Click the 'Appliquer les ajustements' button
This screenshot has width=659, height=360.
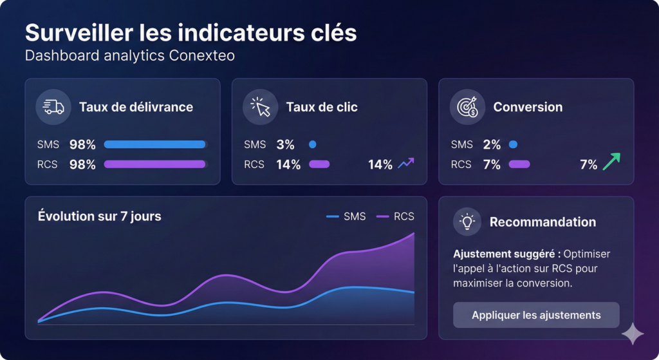pos(536,315)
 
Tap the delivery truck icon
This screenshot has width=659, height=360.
pos(53,107)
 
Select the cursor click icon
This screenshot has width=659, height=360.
pos(260,107)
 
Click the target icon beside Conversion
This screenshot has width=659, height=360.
pos(467,107)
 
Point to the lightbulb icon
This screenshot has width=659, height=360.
pos(467,222)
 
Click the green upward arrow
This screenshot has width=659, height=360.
pos(611,161)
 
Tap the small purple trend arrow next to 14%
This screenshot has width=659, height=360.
pos(406,164)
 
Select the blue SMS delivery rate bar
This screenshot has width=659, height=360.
pos(154,144)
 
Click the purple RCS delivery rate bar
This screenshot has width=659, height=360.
pos(154,164)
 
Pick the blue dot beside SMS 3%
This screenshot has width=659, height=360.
pos(313,144)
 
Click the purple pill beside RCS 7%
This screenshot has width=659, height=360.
pos(519,164)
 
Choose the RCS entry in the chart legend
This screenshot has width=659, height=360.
pos(395,216)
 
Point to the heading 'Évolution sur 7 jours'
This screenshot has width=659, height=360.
pos(100,216)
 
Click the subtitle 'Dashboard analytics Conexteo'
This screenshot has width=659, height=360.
pos(129,55)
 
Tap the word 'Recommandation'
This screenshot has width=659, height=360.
pos(543,222)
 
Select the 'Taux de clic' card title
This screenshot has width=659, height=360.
pos(322,107)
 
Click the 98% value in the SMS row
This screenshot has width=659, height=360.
pos(82,144)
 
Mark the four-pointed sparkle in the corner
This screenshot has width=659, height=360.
pos(633,334)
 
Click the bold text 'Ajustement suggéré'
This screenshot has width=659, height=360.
pos(505,254)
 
